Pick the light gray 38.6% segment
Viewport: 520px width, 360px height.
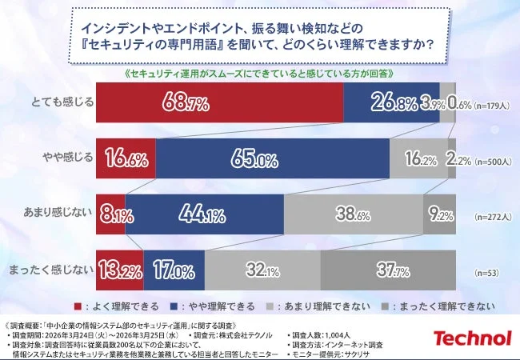click(x=353, y=214)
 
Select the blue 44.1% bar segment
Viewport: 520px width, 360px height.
click(x=204, y=214)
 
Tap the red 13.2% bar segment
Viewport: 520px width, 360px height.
click(x=119, y=269)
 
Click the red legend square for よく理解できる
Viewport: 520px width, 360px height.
click(x=78, y=306)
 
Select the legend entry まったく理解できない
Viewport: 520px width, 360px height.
click(x=439, y=306)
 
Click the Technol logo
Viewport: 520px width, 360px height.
click(x=472, y=338)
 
